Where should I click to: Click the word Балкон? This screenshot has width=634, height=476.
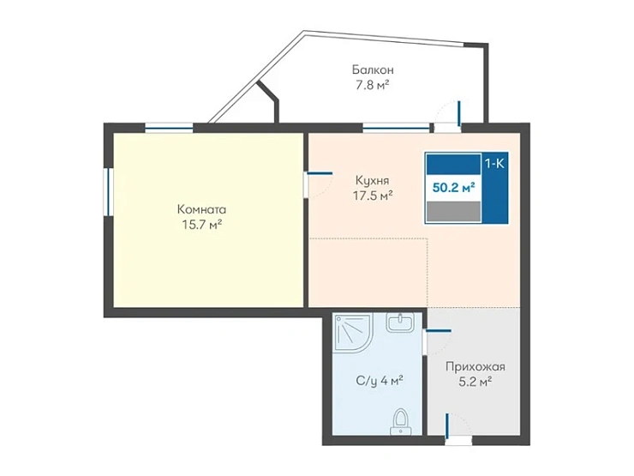373,69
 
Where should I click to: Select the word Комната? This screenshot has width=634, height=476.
201,209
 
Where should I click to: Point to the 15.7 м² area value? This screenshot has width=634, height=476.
201,224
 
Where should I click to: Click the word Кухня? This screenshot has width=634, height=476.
372,180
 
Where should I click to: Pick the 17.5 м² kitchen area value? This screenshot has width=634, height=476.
373,196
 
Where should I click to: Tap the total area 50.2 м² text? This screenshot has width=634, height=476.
453,188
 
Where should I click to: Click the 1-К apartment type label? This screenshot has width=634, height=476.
494,164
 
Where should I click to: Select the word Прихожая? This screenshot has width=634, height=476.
475,367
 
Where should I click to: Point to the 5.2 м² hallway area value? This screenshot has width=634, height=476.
475,382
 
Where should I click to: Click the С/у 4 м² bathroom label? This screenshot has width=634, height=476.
380,381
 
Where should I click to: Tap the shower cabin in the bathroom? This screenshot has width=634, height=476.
352,334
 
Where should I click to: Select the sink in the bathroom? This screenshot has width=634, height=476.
400,322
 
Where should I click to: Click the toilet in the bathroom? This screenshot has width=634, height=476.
401,421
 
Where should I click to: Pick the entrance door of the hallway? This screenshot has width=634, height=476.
458,429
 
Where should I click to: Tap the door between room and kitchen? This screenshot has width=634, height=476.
319,185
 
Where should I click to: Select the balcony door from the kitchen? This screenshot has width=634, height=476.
448,117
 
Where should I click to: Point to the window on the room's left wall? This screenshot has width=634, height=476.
108,192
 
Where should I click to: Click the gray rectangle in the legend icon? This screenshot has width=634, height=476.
453,212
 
